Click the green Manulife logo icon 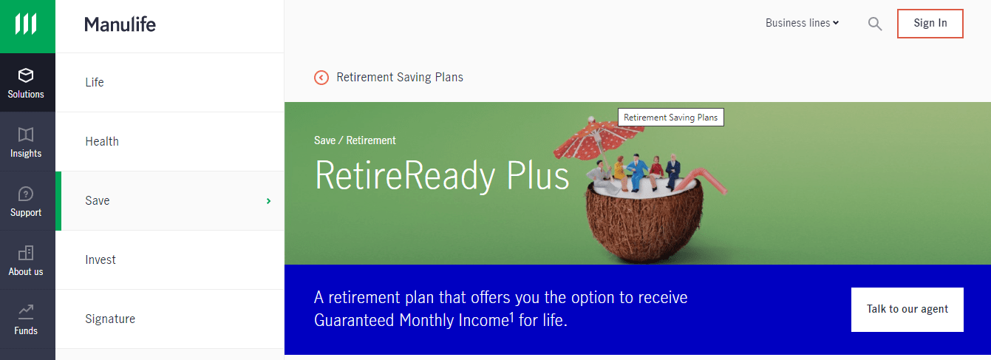click(26, 24)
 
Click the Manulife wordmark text click(120, 25)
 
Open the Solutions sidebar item click(26, 83)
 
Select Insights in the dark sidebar click(26, 142)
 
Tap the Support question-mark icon click(26, 194)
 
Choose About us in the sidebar click(26, 260)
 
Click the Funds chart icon click(26, 312)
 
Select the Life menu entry click(95, 82)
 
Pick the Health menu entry click(102, 141)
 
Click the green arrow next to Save click(268, 201)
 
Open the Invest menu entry click(101, 259)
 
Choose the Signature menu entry click(110, 319)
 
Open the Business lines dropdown click(802, 23)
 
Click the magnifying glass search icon click(875, 24)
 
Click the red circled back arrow click(321, 78)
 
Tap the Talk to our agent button click(907, 310)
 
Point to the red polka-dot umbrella click(593, 137)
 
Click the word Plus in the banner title click(537, 176)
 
